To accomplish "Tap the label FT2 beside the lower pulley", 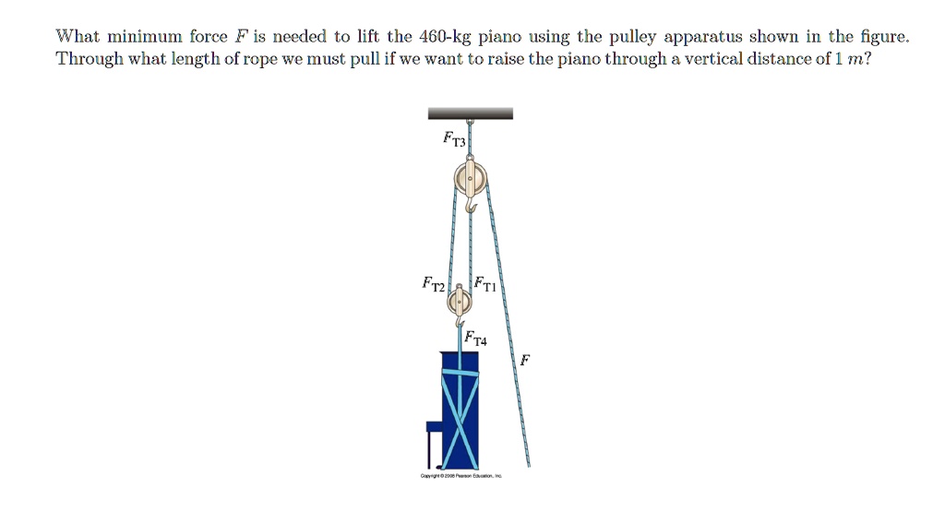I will (x=433, y=284).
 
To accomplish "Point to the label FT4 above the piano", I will (x=477, y=338).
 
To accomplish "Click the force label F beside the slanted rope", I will (x=524, y=360).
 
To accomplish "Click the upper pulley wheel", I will (x=470, y=179).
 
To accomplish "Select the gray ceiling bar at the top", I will (x=470, y=113).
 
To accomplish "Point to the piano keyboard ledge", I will (x=434, y=427).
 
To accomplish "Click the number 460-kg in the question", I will (x=446, y=38).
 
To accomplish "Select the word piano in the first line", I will (x=500, y=38).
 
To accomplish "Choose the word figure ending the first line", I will (x=883, y=38).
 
